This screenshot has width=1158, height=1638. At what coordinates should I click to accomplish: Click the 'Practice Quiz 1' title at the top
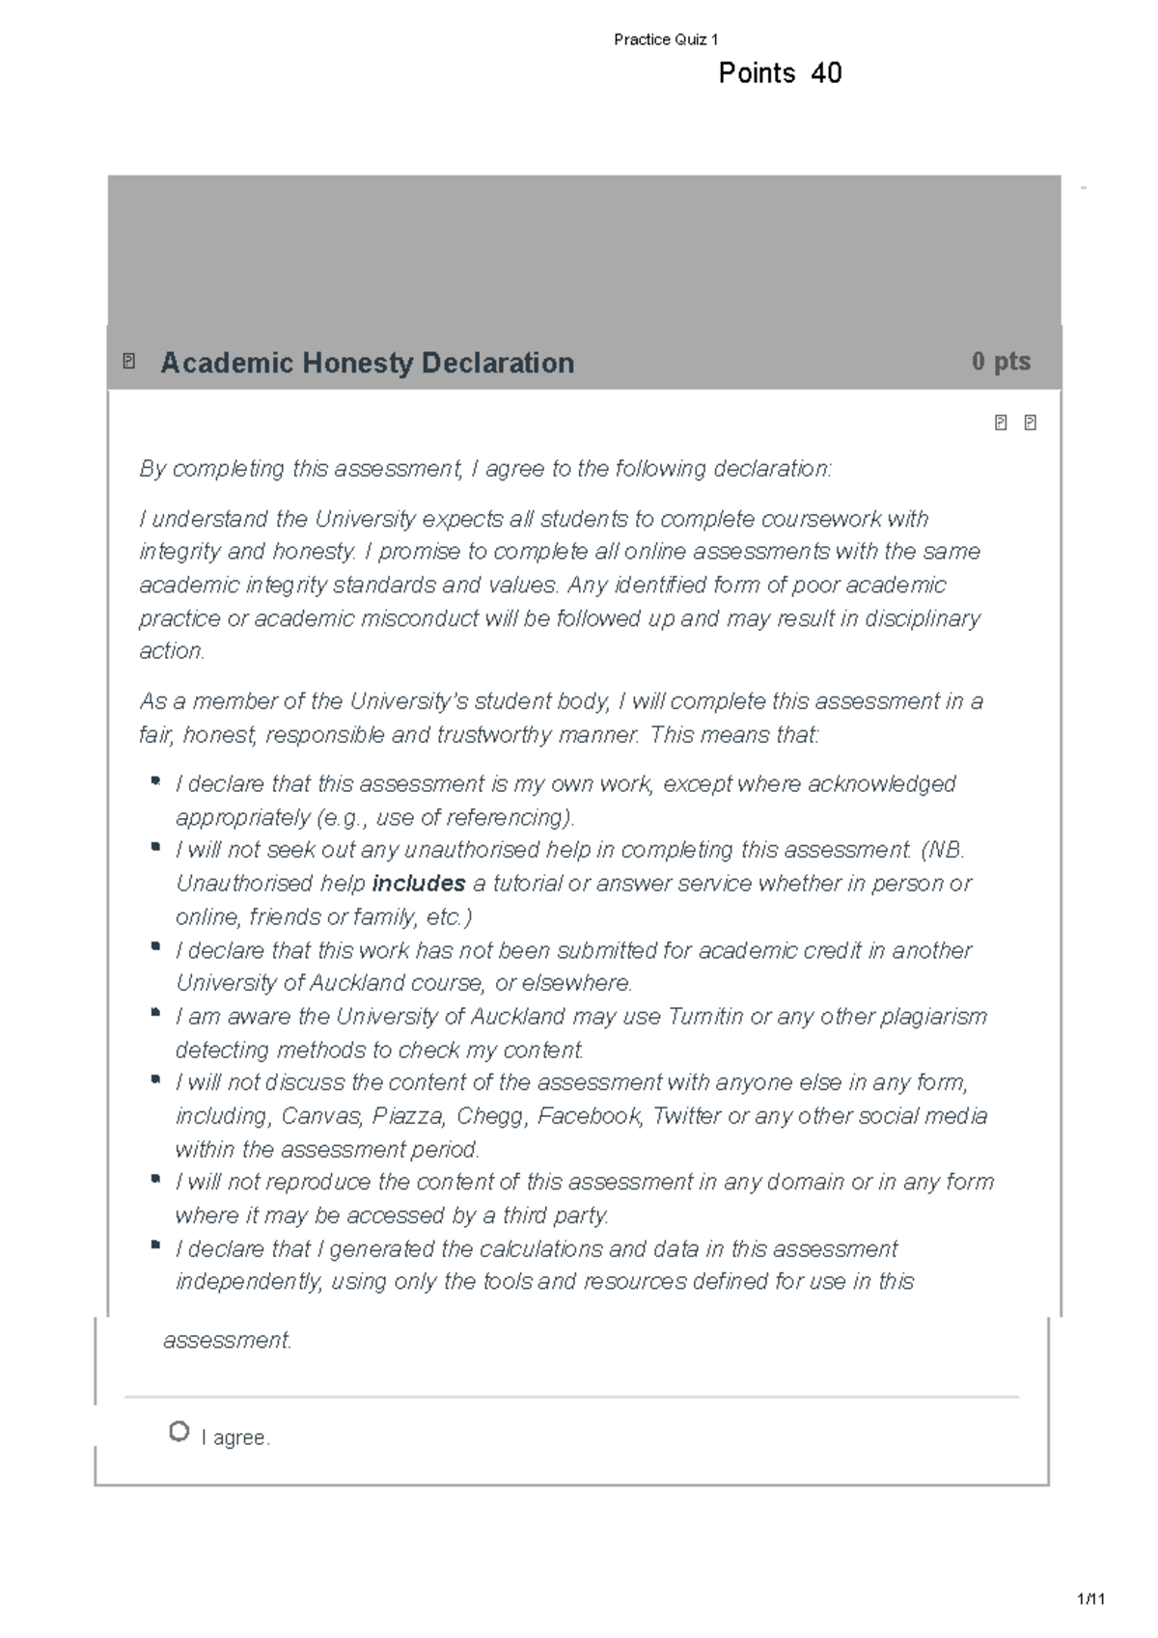point(666,40)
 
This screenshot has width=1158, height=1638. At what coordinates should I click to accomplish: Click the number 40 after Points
point(826,73)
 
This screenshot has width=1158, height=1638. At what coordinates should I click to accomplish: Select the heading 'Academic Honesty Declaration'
point(367,363)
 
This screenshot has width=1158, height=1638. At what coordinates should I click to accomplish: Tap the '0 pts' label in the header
point(1001,362)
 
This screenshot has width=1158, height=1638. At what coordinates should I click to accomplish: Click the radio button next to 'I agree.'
point(179,1432)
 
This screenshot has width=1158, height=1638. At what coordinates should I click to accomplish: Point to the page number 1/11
point(1091,1599)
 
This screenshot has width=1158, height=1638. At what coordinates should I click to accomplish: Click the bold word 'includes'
point(419,884)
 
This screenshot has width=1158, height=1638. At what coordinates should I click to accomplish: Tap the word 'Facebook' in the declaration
point(590,1116)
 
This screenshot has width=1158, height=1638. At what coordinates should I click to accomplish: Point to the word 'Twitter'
point(686,1116)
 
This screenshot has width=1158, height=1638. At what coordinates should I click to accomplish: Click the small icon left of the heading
point(129,362)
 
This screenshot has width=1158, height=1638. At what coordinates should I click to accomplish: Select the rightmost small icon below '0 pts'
point(1030,423)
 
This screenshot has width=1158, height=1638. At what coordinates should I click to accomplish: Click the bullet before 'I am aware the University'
point(155,1012)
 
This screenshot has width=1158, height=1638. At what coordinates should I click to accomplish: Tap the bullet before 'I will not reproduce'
point(155,1178)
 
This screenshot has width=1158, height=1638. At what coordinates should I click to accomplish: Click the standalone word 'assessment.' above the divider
point(228,1341)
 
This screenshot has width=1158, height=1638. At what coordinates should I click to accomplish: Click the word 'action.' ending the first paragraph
point(173,651)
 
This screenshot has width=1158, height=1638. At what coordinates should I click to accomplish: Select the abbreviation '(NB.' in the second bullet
point(943,850)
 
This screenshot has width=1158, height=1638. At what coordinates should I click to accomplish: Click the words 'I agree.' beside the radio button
point(235,1437)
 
